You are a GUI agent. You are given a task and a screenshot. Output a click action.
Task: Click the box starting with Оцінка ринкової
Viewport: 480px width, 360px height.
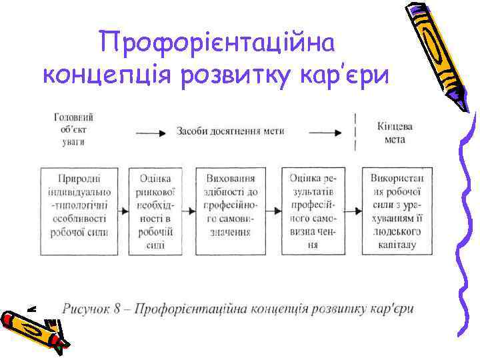click(x=155, y=211)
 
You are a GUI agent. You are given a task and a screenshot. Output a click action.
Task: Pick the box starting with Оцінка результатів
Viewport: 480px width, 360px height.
click(x=313, y=211)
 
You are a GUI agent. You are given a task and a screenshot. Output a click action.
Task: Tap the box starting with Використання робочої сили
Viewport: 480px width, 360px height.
click(x=401, y=211)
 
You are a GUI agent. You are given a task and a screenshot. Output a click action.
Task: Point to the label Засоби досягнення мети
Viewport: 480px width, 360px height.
click(x=230, y=131)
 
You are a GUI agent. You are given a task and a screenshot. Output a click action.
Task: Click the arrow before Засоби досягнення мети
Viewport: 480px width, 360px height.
click(x=151, y=132)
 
